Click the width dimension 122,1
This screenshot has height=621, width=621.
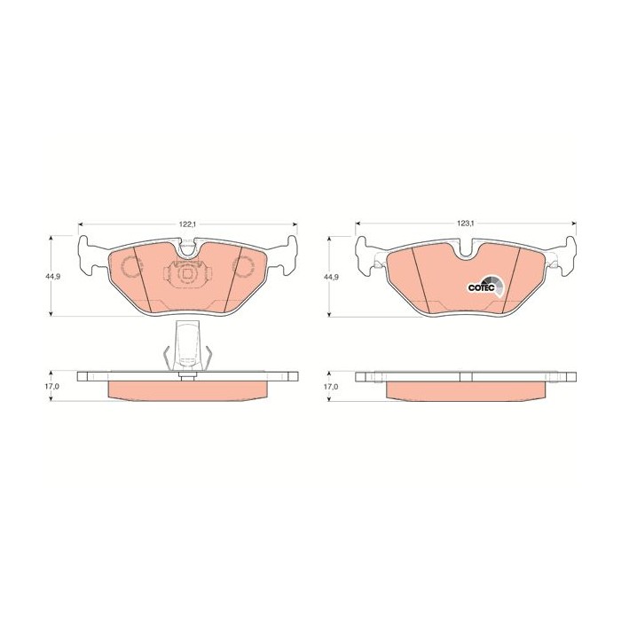(186, 224)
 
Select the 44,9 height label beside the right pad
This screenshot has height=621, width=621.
(330, 277)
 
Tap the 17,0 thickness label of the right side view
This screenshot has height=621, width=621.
(330, 388)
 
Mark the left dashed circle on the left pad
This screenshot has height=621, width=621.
(131, 267)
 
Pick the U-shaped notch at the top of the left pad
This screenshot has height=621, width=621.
(187, 251)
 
